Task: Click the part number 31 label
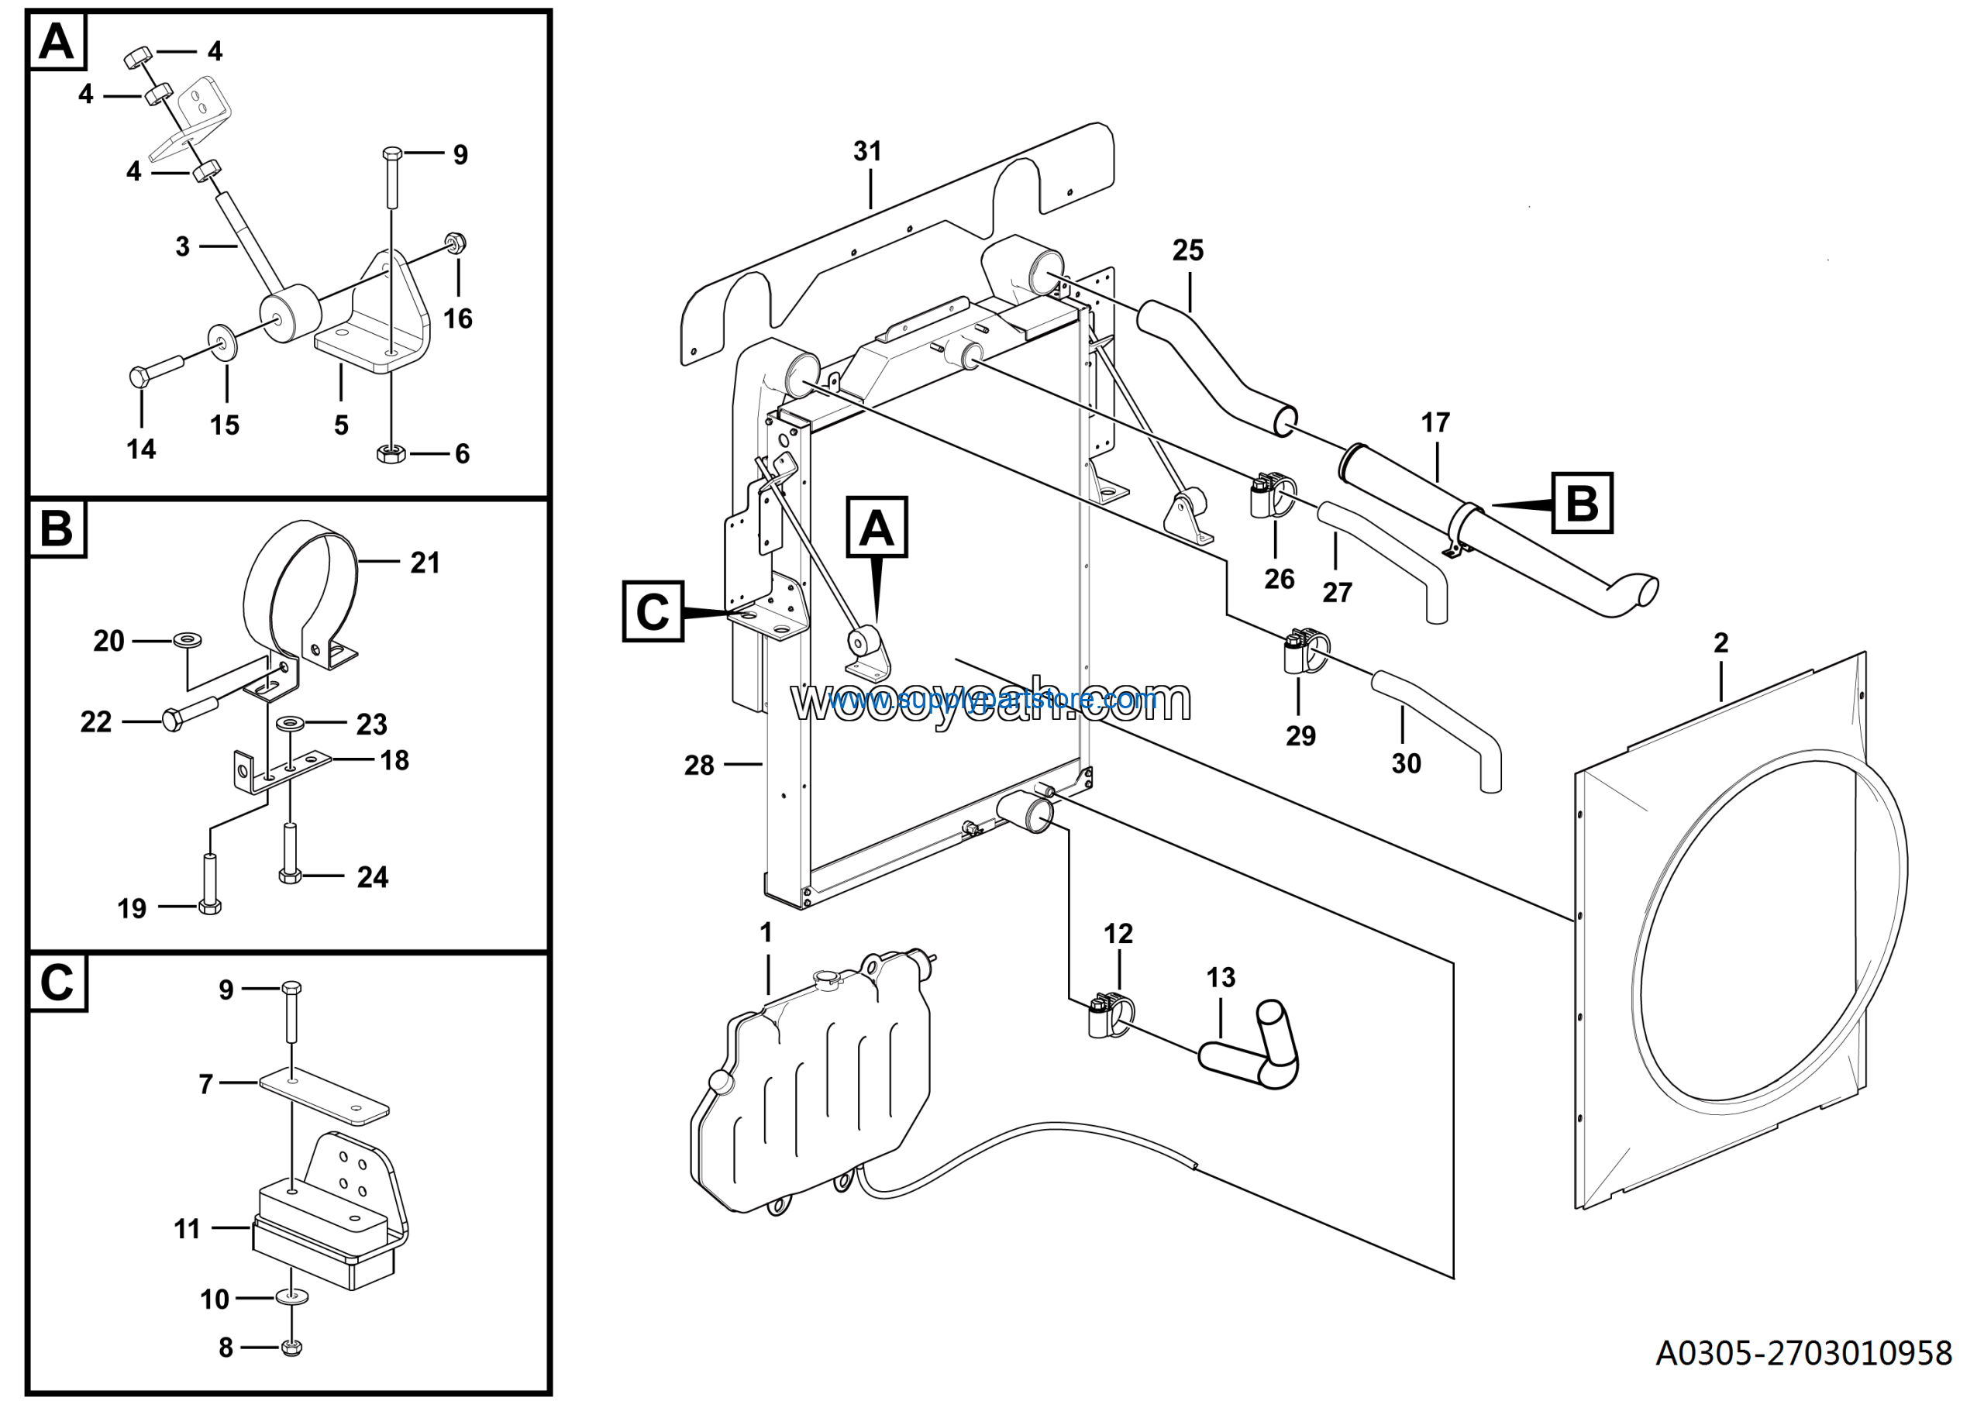(x=866, y=151)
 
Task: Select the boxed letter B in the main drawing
(x=1581, y=503)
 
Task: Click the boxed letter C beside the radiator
(x=653, y=611)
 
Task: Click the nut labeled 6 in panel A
(x=391, y=453)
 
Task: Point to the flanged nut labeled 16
(x=456, y=243)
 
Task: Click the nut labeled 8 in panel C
(x=292, y=1347)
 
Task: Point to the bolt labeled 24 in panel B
(x=290, y=853)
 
